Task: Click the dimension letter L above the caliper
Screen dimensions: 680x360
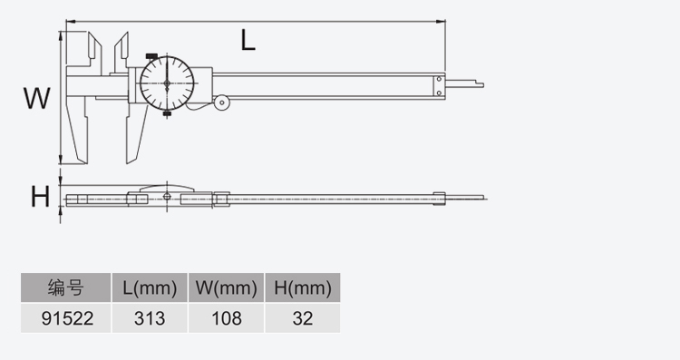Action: click(x=248, y=41)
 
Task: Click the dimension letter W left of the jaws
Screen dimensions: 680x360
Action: click(x=37, y=98)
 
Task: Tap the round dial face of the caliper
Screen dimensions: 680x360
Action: click(x=167, y=83)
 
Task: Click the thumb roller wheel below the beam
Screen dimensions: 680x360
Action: click(x=222, y=102)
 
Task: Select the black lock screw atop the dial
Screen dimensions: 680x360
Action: click(x=151, y=56)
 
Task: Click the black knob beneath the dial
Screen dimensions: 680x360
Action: click(x=167, y=113)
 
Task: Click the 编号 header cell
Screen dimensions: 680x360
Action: click(x=66, y=287)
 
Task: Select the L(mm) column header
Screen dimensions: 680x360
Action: click(x=150, y=287)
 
